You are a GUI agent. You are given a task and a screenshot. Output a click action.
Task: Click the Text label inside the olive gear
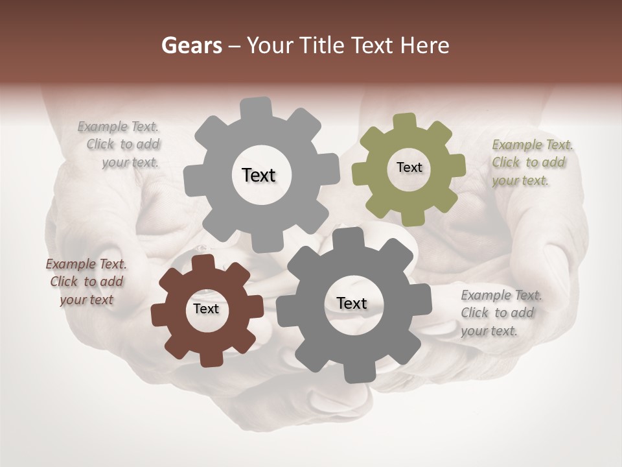coord(409,167)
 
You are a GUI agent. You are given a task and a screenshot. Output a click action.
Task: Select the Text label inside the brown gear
coord(206,309)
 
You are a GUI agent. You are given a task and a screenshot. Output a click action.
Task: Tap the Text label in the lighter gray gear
coord(259,175)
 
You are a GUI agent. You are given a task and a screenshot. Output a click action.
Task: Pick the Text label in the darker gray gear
coord(351,303)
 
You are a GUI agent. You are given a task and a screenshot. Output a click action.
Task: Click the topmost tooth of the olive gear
coord(405,122)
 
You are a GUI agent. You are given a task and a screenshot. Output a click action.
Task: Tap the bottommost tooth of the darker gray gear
coord(354,374)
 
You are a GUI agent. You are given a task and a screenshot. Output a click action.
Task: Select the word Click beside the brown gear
coord(64,282)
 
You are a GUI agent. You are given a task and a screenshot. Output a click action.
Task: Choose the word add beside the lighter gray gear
coord(147,145)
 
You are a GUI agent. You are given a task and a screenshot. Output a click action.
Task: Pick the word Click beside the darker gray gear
coord(474,313)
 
